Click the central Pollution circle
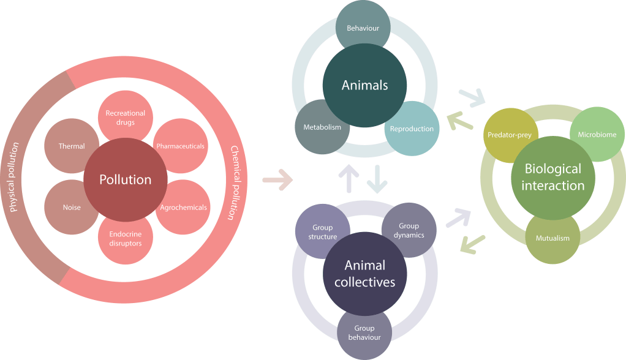(x=126, y=179)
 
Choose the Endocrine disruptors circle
(x=125, y=239)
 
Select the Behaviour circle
(x=363, y=28)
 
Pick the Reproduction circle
(x=412, y=127)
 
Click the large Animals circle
(x=364, y=86)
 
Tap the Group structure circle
(x=323, y=231)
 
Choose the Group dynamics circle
(x=409, y=230)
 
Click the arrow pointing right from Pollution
(x=277, y=181)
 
